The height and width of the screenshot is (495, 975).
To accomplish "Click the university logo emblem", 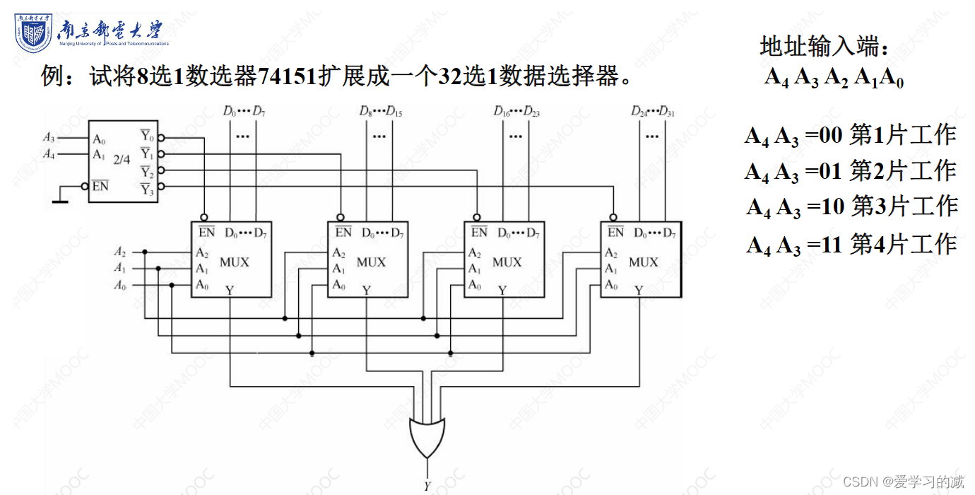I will click(x=33, y=32).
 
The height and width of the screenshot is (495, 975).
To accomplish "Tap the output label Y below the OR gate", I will click(x=427, y=487).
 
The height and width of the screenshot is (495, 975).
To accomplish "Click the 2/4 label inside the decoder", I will click(x=122, y=160).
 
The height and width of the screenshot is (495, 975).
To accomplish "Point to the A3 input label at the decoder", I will click(x=49, y=137).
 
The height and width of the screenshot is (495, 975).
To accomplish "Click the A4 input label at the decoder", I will click(x=49, y=153).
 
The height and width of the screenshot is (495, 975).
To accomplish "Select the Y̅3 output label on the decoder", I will click(x=146, y=188).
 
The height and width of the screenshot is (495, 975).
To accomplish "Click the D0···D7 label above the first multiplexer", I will click(x=244, y=111).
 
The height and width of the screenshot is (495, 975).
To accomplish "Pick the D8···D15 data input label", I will click(x=380, y=111).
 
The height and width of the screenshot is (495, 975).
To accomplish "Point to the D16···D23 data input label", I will click(x=516, y=111).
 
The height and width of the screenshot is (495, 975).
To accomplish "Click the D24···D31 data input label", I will click(x=653, y=111).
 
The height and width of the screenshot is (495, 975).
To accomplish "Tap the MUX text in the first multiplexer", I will click(x=235, y=262).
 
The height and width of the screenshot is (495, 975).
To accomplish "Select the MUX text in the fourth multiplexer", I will click(x=643, y=262).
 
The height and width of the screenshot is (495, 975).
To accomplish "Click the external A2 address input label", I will click(x=120, y=251).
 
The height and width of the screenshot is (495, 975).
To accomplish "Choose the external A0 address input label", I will click(x=120, y=285).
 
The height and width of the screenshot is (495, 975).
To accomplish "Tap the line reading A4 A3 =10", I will click(x=851, y=207).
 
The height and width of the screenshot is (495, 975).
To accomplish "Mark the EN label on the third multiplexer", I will click(x=479, y=232).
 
